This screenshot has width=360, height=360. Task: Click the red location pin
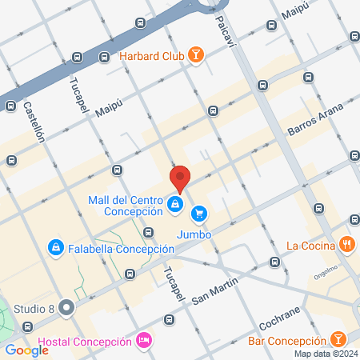click(x=180, y=178)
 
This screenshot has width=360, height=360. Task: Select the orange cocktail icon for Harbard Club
click(x=195, y=56)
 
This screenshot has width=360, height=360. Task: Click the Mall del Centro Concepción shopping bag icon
click(x=174, y=205)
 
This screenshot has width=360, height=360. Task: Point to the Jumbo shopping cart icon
click(x=198, y=213)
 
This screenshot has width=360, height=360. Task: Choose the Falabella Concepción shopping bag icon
click(x=55, y=248)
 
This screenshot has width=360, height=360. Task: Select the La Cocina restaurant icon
click(x=346, y=244)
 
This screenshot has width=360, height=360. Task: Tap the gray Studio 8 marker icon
click(x=67, y=306)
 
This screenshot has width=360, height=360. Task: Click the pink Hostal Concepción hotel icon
click(x=144, y=341)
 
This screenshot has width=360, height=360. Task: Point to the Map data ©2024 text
click(x=325, y=354)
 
